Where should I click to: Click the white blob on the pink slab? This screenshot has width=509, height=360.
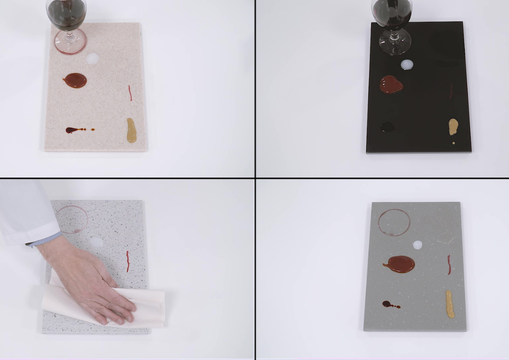coord(92,59)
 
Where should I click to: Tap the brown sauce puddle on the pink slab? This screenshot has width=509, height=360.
coord(76,80)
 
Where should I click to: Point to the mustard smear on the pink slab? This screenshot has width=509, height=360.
coord(131,131)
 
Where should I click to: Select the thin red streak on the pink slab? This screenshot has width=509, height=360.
coord(130,93)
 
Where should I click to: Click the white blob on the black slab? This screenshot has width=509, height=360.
coord(407,65)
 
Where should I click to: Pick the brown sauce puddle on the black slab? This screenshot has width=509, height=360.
coord(391,85)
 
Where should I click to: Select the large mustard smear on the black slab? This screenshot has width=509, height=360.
coord(453,127)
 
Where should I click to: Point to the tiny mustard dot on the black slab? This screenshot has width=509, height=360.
coord(453,143)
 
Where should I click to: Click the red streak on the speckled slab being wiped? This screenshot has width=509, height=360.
coord(127,261)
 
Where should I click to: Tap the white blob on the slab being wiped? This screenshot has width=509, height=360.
coord(97,242)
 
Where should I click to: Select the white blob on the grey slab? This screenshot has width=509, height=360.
coord(417,245)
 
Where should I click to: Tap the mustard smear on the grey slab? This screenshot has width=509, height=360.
coord(450,304)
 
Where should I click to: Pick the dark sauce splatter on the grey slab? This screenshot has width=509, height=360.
coord(387,304)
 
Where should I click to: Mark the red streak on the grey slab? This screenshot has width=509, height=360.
coord(449,264)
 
